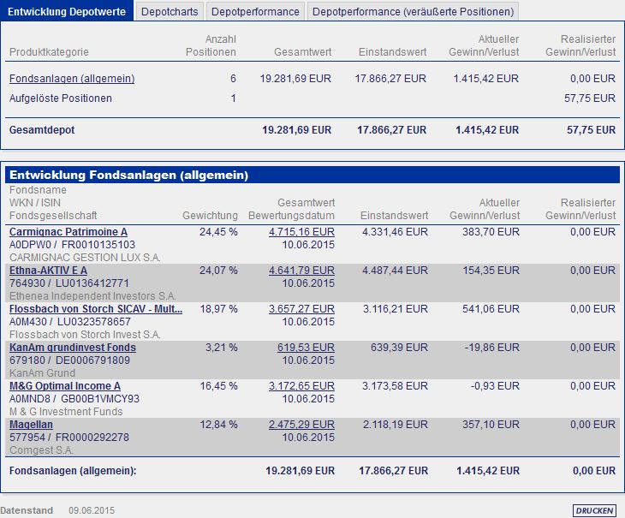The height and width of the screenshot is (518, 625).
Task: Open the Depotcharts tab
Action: coord(170,12)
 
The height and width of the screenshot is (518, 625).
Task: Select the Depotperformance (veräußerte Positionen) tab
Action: coord(413,12)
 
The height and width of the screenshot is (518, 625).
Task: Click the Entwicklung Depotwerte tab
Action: coord(67,12)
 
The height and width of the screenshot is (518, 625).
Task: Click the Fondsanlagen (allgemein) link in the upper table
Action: coord(72,79)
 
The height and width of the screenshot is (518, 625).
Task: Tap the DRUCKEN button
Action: coord(594,510)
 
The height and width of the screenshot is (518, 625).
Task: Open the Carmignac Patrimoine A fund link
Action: coord(68,232)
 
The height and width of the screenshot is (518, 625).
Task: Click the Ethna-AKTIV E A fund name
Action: coord(48,271)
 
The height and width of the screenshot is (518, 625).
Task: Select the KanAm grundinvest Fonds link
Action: coord(73,348)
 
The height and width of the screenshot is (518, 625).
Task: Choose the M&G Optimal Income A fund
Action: coord(65,386)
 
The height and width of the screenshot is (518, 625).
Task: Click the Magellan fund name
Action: coord(33,425)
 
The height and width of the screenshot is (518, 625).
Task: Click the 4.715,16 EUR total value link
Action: coord(301,232)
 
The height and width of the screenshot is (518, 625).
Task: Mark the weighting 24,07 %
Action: coord(218,271)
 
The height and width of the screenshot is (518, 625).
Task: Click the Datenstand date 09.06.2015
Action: coord(91,510)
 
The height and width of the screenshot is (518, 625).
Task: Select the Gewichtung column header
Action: coord(210,215)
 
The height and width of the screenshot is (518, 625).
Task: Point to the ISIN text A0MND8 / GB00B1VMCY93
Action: coord(74,399)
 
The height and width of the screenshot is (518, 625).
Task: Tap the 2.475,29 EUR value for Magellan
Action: coord(301,425)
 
